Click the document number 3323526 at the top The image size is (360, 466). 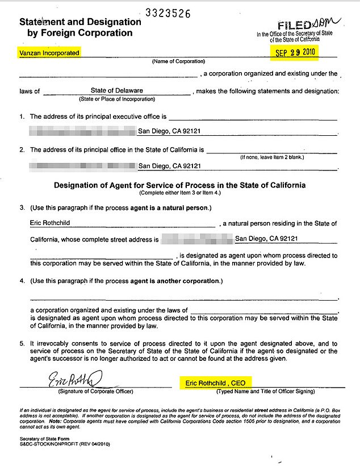[x=168, y=13]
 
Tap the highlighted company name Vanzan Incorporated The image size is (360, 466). [x=46, y=52]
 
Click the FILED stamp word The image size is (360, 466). [x=295, y=26]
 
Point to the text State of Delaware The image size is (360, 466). [x=116, y=90]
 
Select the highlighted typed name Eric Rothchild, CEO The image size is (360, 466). [x=215, y=383]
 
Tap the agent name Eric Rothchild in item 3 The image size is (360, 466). [x=50, y=223]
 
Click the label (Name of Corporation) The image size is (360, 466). [x=178, y=61]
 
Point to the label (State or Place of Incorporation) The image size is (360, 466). [x=116, y=99]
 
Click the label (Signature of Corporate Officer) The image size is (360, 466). [x=95, y=392]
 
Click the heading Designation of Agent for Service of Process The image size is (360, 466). [x=179, y=185]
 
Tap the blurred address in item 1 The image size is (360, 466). [x=82, y=131]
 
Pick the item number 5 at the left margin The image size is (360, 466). [x=22, y=343]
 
